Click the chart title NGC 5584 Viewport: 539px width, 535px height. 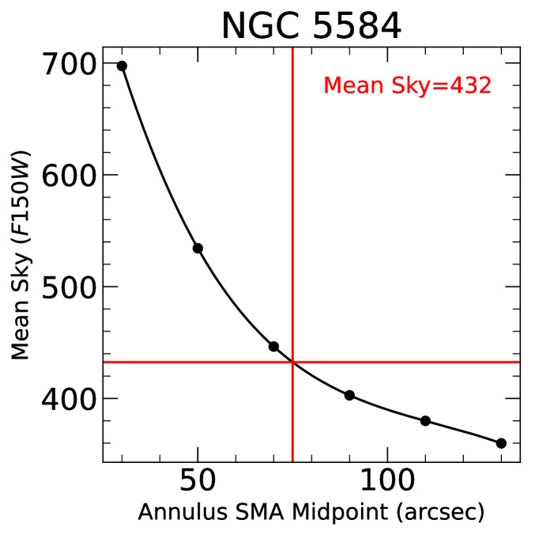point(311,25)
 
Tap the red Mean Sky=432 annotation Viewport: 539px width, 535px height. point(407,85)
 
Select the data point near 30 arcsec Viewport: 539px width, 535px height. point(122,66)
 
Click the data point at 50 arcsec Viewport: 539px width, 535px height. point(198,249)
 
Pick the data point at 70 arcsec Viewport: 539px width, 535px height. point(273,347)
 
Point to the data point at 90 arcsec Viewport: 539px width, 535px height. point(349,395)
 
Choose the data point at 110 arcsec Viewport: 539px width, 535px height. point(425,421)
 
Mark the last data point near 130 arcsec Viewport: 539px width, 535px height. point(501,443)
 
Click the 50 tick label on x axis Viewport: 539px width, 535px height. point(198,484)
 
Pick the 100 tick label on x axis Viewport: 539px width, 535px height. point(387,484)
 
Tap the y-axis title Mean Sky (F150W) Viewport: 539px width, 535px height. point(21,253)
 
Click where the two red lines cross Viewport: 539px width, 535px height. point(293,362)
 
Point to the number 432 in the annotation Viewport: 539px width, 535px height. point(472,85)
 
